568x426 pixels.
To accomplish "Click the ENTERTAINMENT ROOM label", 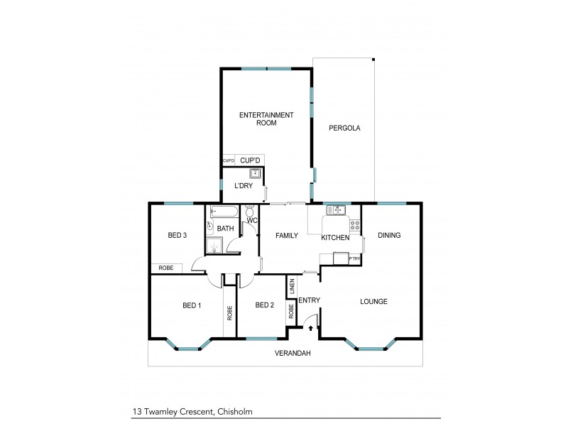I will pyautogui.click(x=257, y=119).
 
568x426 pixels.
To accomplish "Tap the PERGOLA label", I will pyautogui.click(x=345, y=129).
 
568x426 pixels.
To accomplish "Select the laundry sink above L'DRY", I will pyautogui.click(x=255, y=173).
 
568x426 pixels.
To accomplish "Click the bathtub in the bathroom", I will pyautogui.click(x=224, y=212).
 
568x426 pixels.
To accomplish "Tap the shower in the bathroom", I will pyautogui.click(x=215, y=246).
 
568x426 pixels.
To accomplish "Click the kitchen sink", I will pyautogui.click(x=335, y=209).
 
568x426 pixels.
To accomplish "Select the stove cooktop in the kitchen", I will pyautogui.click(x=354, y=227).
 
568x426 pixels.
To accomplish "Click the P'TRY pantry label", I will pyautogui.click(x=355, y=259).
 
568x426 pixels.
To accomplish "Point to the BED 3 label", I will pyautogui.click(x=177, y=236).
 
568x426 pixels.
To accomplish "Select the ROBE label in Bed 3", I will pyautogui.click(x=165, y=268).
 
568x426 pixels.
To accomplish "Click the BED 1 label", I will pyautogui.click(x=192, y=305).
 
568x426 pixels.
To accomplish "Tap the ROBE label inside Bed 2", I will pyautogui.click(x=291, y=311).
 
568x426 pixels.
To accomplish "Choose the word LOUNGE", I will pyautogui.click(x=373, y=301).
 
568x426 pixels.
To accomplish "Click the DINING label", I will pyautogui.click(x=388, y=235).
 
